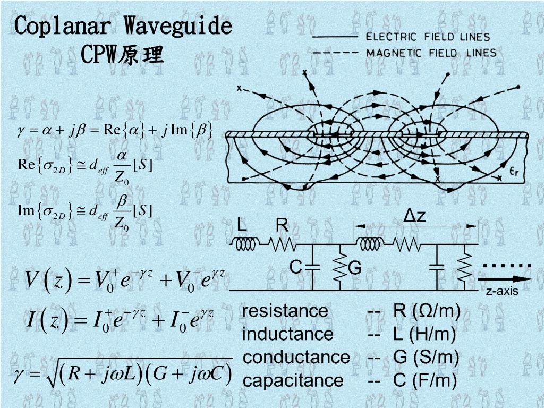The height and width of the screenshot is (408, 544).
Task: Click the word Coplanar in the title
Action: click(x=62, y=26)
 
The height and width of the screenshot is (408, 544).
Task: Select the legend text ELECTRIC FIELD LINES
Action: click(x=428, y=37)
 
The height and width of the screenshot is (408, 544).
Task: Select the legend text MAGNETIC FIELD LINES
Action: click(x=431, y=53)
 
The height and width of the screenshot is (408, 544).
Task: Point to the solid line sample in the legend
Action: click(x=335, y=37)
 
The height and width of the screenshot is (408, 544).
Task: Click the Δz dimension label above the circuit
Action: click(x=415, y=216)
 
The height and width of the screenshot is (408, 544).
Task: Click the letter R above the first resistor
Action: click(x=282, y=226)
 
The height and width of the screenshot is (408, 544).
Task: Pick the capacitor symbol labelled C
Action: click(x=312, y=267)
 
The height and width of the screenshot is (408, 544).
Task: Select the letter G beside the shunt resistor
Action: click(x=354, y=269)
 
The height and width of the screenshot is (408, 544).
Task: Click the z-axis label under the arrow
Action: click(x=502, y=291)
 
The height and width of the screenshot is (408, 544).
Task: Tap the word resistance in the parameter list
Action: click(x=285, y=311)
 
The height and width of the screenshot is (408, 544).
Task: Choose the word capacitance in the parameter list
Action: click(x=293, y=380)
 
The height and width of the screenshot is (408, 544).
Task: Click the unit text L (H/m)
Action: click(x=424, y=334)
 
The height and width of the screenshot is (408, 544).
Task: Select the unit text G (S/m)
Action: click(x=426, y=357)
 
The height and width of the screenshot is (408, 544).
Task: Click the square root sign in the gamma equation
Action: click(x=53, y=375)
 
